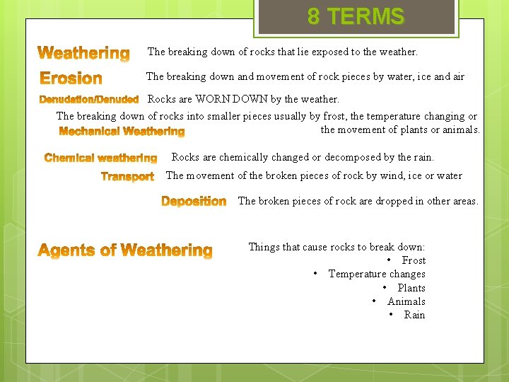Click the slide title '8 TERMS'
click(356, 16)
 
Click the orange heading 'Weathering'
click(83, 54)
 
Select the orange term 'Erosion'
click(71, 79)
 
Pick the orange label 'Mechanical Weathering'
click(122, 132)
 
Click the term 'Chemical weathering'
click(100, 158)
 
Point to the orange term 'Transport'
click(127, 177)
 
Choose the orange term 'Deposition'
click(194, 202)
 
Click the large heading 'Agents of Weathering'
click(124, 250)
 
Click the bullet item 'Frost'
click(414, 260)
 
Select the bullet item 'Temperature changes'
click(377, 274)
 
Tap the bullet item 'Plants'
click(411, 288)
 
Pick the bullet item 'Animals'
click(406, 301)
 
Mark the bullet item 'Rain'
click(414, 315)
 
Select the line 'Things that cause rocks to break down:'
click(337, 247)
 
